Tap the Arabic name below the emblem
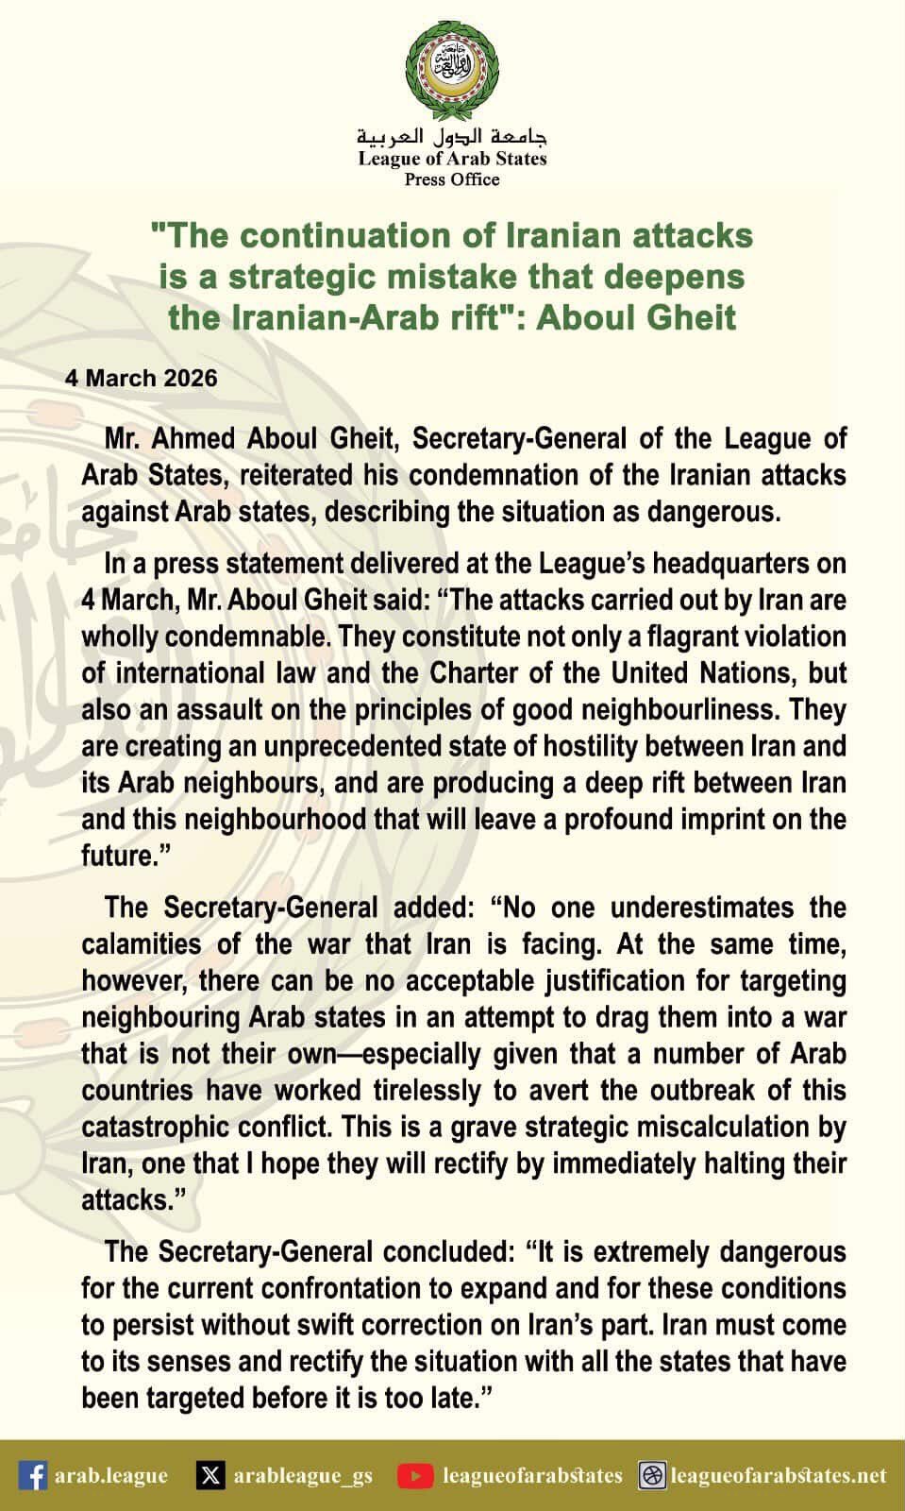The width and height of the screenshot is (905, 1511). [452, 136]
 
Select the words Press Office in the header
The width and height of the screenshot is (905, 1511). [452, 179]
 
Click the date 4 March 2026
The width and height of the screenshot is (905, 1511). [142, 379]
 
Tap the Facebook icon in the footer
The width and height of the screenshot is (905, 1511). [33, 1475]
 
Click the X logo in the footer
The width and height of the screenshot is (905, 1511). [211, 1475]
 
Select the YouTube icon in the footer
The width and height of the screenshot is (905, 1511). [415, 1475]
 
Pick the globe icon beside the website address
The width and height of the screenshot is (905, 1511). [652, 1475]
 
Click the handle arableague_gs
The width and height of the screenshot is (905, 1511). [302, 1475]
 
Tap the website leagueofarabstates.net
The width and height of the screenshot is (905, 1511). [779, 1475]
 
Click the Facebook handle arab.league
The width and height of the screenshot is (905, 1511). [111, 1475]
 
